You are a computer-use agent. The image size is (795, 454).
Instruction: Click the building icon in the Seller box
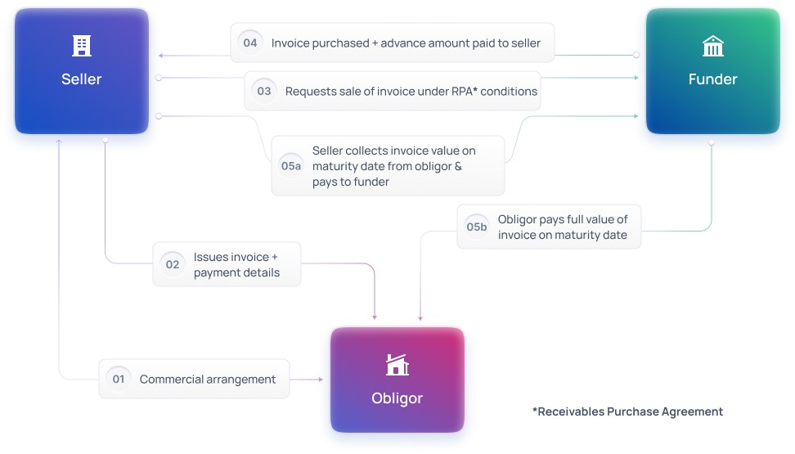[82, 46]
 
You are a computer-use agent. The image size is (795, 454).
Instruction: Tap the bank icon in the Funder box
[713, 47]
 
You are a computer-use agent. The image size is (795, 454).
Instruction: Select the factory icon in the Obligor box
[397, 365]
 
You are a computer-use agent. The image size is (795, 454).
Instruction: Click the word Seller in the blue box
[82, 79]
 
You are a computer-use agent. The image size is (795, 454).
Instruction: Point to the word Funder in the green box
[713, 79]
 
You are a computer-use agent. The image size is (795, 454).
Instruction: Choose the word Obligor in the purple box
[397, 398]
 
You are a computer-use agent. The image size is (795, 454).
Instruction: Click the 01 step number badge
[119, 379]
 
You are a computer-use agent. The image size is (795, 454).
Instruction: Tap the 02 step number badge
[173, 264]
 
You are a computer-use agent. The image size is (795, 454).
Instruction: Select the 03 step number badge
[264, 91]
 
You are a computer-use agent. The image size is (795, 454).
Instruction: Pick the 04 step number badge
[250, 43]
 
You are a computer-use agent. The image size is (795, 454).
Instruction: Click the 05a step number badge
[291, 165]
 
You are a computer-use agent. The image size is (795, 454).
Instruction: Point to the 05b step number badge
[477, 227]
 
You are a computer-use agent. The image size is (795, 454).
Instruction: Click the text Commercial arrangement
[208, 379]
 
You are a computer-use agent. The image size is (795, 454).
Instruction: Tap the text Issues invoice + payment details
[236, 264]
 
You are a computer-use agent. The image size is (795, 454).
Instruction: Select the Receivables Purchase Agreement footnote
[627, 411]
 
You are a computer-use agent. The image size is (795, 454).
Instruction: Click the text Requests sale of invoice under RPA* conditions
[411, 91]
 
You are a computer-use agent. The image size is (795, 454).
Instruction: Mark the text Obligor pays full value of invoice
[563, 227]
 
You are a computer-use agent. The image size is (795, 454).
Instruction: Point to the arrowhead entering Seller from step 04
[161, 56]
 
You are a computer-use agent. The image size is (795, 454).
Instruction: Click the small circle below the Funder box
[712, 142]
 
